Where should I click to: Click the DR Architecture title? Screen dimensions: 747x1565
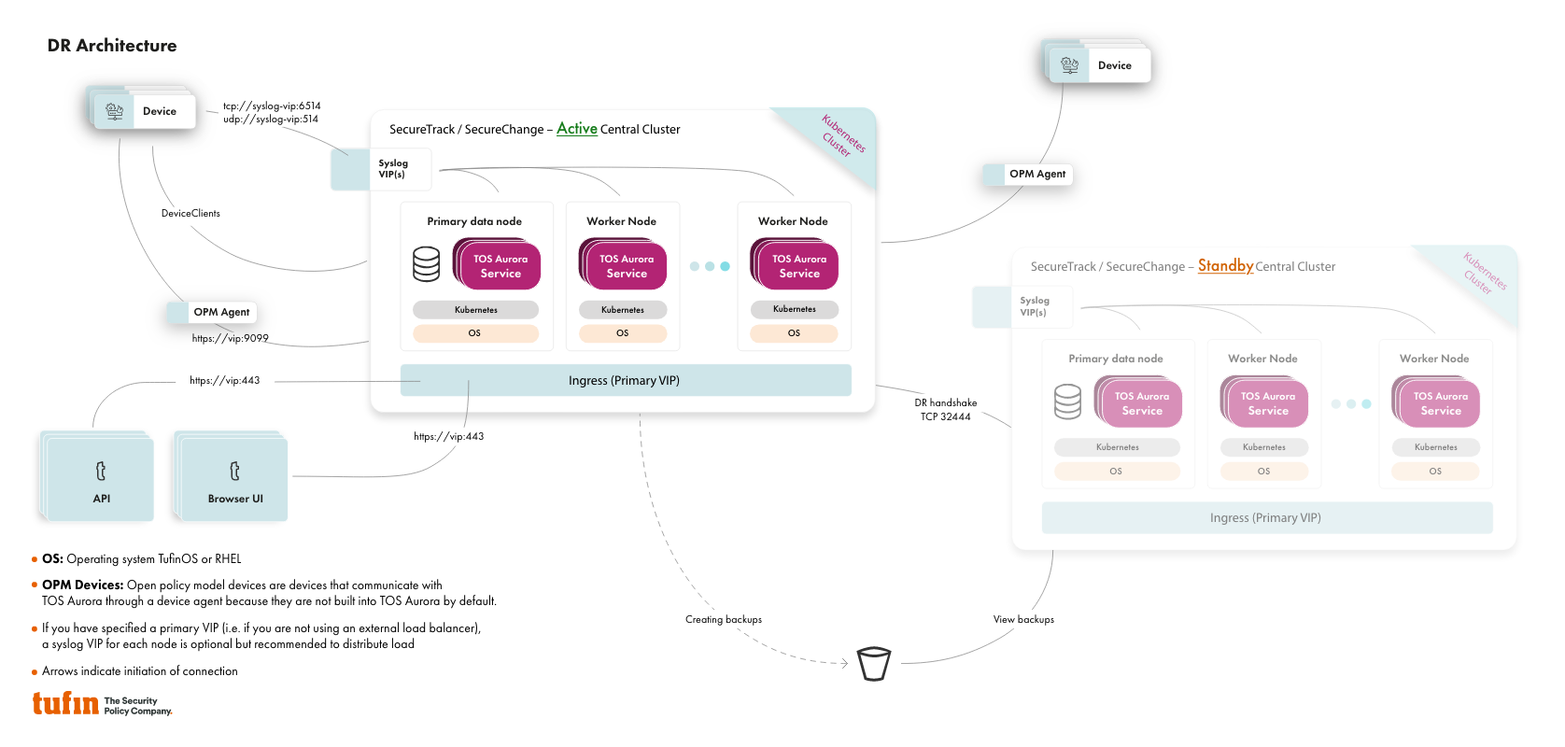pyautogui.click(x=112, y=46)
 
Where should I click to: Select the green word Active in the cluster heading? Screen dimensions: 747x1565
pyautogui.click(x=576, y=129)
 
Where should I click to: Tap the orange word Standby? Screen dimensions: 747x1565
pyautogui.click(x=1225, y=266)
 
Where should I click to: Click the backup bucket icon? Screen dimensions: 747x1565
pyautogui.click(x=874, y=664)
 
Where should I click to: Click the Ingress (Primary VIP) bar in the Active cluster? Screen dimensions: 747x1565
pyautogui.click(x=625, y=380)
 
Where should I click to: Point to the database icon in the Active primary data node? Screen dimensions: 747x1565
pyautogui.click(x=427, y=264)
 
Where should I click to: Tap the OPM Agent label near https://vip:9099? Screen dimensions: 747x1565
pyautogui.click(x=220, y=312)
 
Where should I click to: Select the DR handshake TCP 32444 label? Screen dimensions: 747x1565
pyautogui.click(x=946, y=410)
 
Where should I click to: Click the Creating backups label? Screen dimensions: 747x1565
pyautogui.click(x=724, y=619)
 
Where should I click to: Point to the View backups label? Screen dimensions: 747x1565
pyautogui.click(x=1023, y=619)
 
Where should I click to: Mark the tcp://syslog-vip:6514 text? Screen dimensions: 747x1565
pyautogui.click(x=272, y=106)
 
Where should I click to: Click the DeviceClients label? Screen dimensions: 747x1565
pyautogui.click(x=190, y=213)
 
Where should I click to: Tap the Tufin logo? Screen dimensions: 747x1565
pyautogui.click(x=66, y=703)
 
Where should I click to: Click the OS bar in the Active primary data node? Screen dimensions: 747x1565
pyautogui.click(x=475, y=333)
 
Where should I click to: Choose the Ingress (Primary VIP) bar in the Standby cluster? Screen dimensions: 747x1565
pyautogui.click(x=1266, y=517)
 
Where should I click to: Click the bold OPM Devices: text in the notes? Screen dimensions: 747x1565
pyautogui.click(x=82, y=585)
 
